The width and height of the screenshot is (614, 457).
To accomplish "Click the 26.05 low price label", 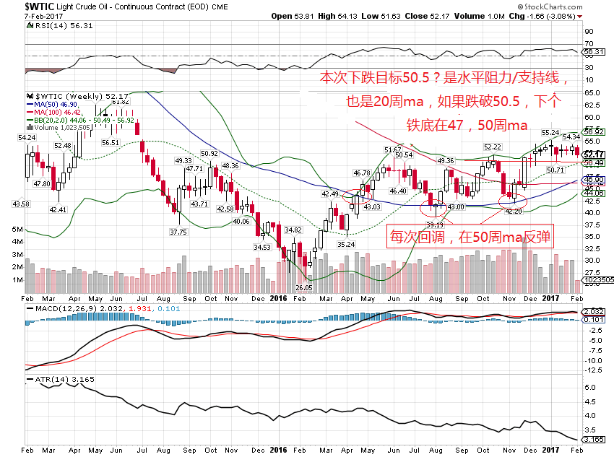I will tap(304, 287).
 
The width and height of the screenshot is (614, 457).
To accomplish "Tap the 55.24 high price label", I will tap(550, 133).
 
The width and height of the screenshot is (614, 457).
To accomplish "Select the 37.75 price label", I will tap(178, 232).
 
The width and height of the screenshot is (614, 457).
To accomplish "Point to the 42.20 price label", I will tap(513, 212).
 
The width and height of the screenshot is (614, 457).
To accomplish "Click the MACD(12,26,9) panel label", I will tap(64, 308).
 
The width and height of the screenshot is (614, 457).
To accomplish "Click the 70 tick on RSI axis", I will tap(589, 44).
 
